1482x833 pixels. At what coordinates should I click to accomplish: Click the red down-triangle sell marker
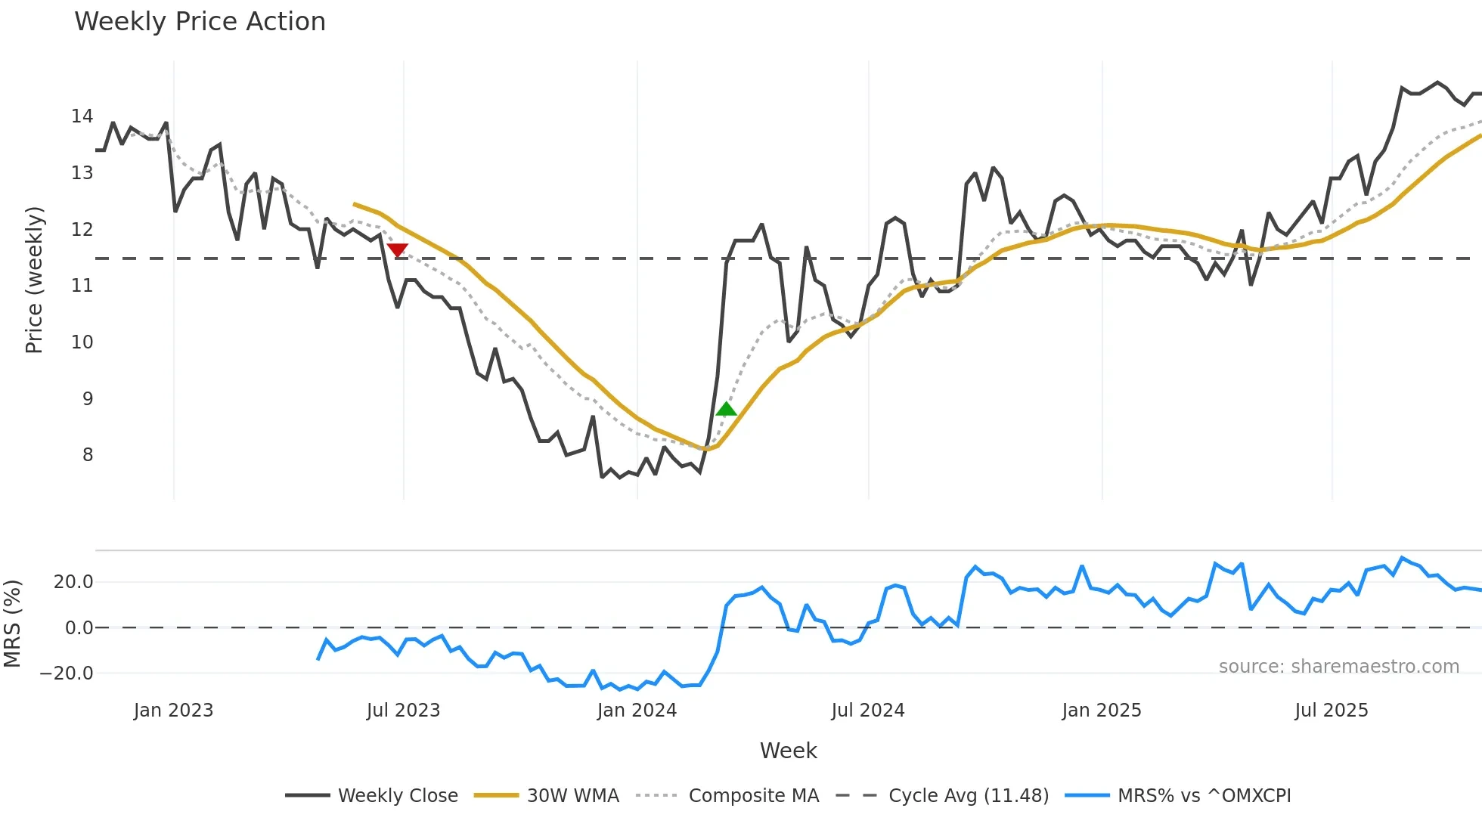[x=397, y=250]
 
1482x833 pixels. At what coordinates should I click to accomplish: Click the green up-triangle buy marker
[x=726, y=410]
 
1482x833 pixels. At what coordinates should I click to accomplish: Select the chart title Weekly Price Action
[x=200, y=22]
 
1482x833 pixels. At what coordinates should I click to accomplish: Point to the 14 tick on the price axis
[x=82, y=116]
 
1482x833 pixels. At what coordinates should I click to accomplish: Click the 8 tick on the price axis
[x=88, y=455]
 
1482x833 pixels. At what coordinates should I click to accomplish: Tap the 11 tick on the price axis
[x=82, y=286]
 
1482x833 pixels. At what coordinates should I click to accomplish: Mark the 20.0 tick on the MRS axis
[x=73, y=582]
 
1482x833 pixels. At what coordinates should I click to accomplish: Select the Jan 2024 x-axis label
[x=637, y=711]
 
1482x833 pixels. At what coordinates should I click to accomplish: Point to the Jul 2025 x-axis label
[x=1331, y=711]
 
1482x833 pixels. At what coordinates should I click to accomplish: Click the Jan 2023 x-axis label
[x=174, y=711]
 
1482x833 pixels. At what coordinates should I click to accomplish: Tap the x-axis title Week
[x=788, y=751]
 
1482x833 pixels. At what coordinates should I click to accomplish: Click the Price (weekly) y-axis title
[x=34, y=280]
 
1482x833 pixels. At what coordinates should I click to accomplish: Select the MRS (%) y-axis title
[x=12, y=624]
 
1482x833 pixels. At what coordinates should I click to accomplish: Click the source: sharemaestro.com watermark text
[x=1338, y=667]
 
